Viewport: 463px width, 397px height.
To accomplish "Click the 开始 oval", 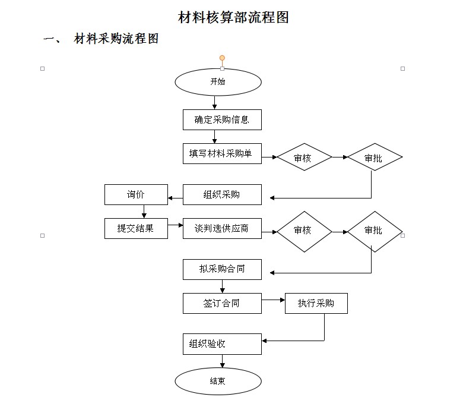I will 218,82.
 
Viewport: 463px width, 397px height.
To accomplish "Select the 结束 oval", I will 218,381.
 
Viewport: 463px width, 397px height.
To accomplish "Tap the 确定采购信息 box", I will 222,119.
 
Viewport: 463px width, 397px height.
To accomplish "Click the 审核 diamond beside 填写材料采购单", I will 304,157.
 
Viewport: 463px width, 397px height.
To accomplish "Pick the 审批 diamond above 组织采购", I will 375,157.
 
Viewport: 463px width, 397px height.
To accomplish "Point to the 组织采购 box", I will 222,195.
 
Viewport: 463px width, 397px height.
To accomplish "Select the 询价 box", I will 136,195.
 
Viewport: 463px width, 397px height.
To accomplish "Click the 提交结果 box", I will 136,228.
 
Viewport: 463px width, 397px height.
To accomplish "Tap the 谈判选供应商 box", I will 222,228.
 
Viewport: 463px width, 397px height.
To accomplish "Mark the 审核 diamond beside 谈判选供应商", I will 304,231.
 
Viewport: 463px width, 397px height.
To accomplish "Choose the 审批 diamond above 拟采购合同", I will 375,231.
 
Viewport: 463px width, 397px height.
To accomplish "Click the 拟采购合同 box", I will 222,269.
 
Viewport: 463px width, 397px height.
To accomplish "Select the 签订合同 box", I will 222,303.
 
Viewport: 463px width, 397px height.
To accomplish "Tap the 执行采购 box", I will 316,303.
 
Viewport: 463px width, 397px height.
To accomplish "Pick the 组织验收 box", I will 222,344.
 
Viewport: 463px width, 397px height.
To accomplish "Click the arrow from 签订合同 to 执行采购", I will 273,300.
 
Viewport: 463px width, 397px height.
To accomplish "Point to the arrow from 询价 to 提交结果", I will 144,212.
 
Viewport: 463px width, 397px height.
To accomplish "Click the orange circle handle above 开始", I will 222,58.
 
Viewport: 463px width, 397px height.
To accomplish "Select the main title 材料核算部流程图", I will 233,17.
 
